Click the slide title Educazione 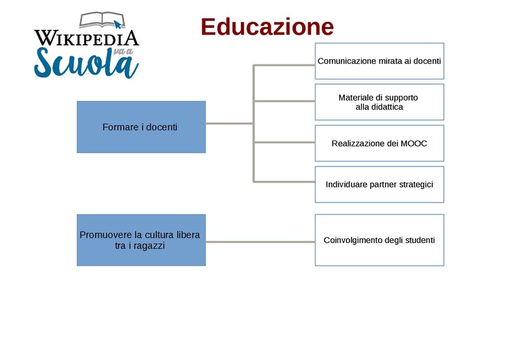click(x=267, y=27)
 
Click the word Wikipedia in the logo click(x=86, y=38)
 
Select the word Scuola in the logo click(x=86, y=62)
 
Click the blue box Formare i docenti click(x=141, y=127)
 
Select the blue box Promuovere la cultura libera click(x=141, y=240)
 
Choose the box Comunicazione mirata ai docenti click(x=379, y=61)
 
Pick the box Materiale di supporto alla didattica click(x=379, y=102)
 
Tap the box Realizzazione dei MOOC click(x=379, y=143)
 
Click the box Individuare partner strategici click(x=379, y=184)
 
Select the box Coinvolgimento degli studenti click(x=379, y=240)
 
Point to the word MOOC click(x=413, y=143)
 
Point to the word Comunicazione click(x=347, y=61)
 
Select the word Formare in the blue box click(x=118, y=127)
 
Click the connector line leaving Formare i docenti click(x=229, y=124)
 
